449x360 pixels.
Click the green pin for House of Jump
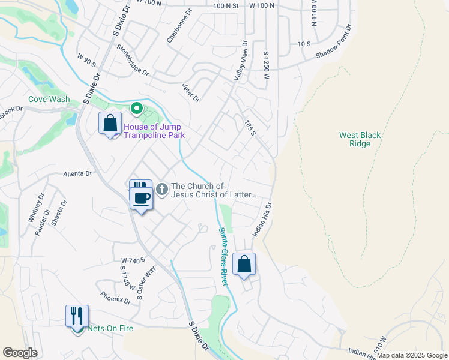click(136, 109)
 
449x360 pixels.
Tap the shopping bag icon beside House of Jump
click(110, 124)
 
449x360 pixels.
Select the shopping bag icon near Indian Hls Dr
click(244, 264)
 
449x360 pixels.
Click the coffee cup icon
click(142, 199)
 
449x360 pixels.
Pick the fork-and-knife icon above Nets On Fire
click(77, 316)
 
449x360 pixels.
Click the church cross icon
click(161, 190)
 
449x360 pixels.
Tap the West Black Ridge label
click(360, 140)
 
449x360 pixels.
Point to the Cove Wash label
click(49, 100)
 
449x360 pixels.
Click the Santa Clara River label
click(223, 256)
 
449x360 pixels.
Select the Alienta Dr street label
click(78, 174)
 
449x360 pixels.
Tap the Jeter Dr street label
click(190, 92)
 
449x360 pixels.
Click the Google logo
click(20, 353)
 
